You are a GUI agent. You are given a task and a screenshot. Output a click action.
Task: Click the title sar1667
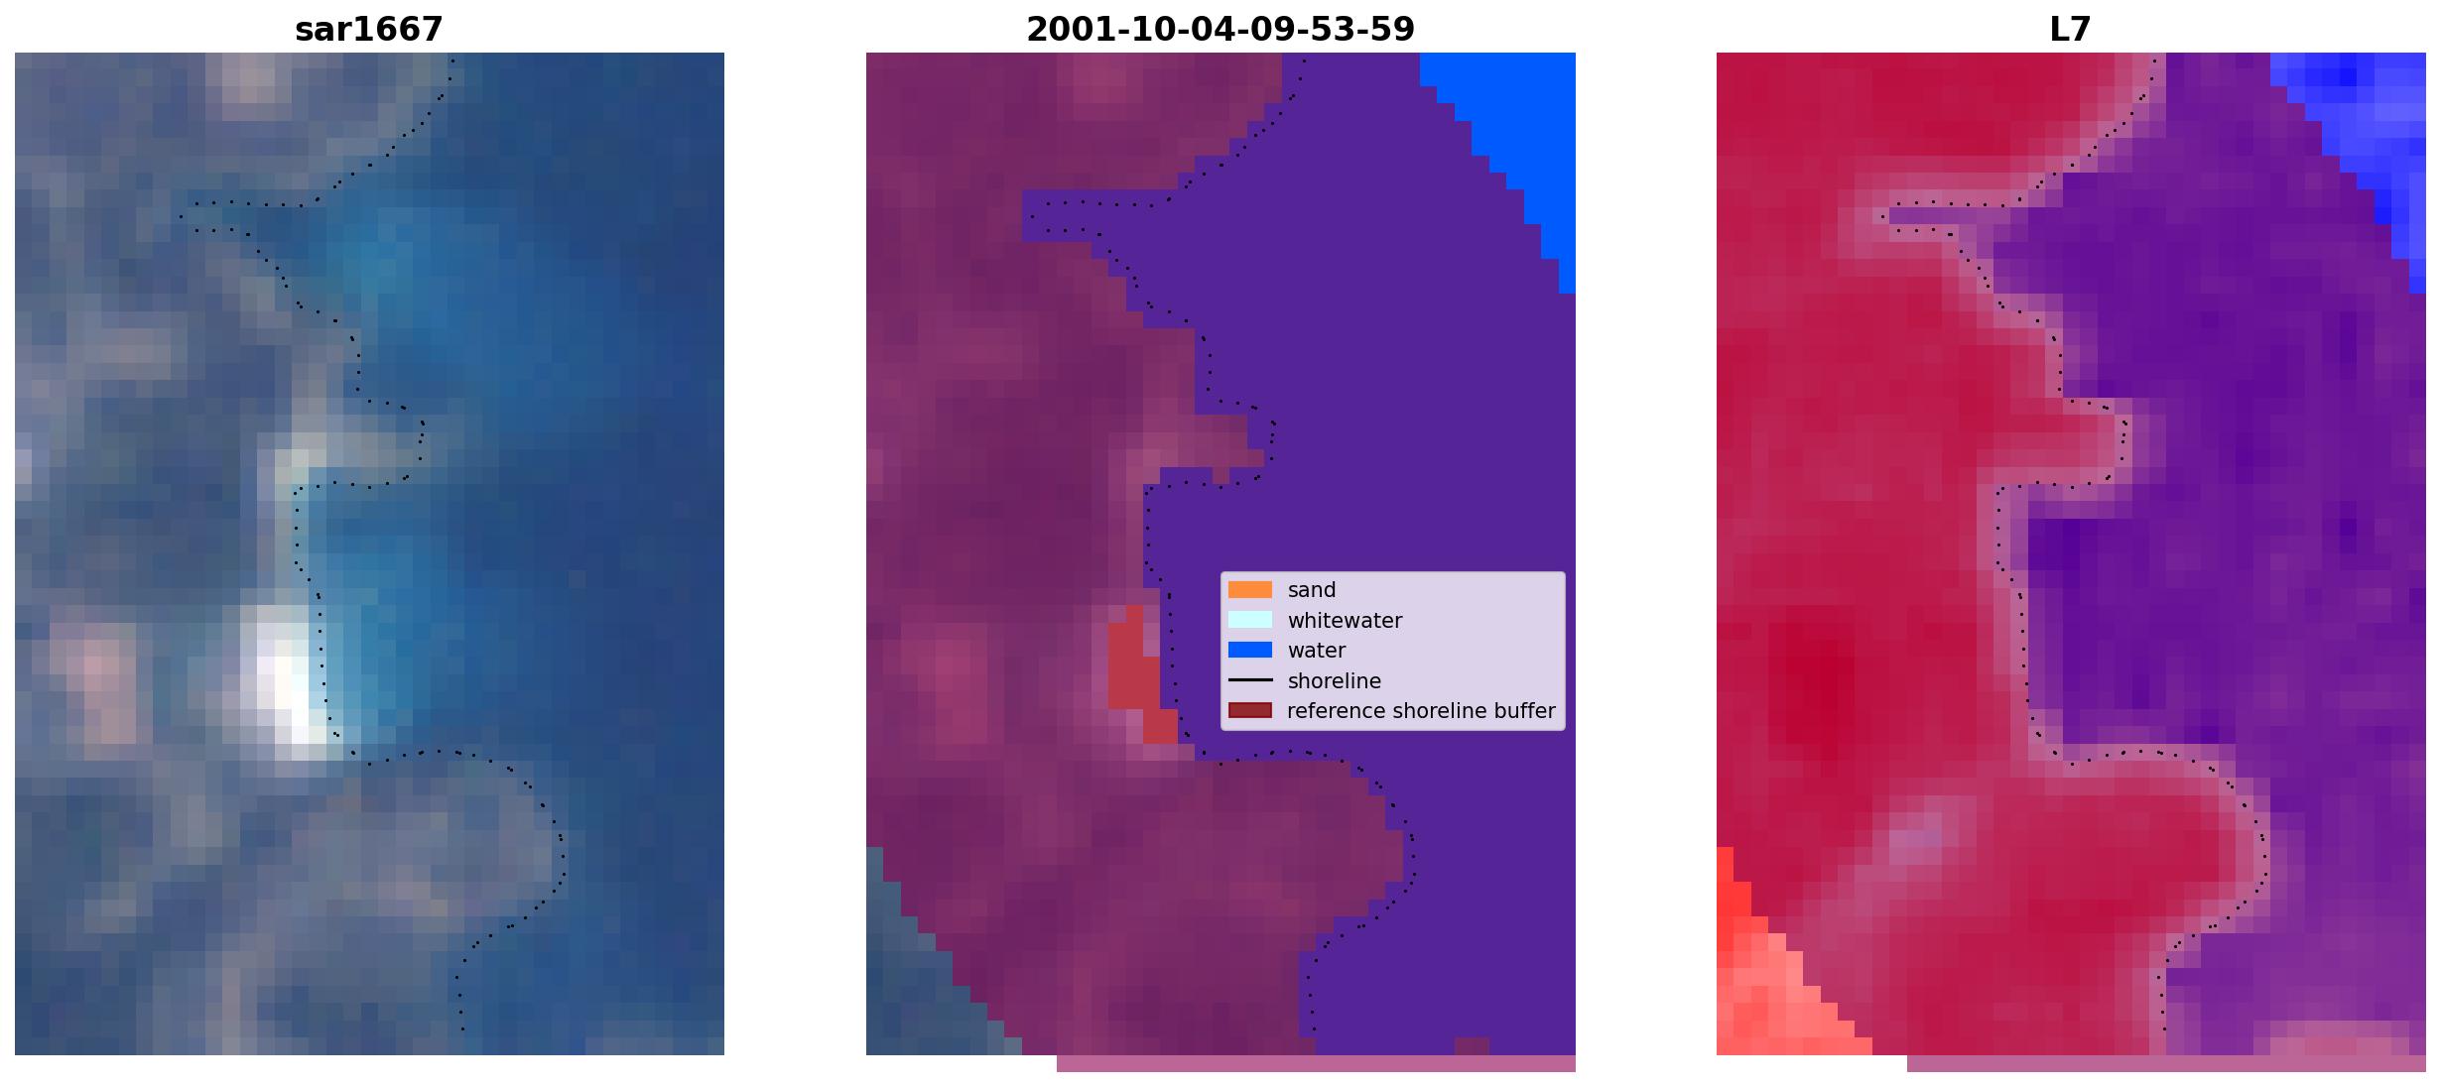point(368,30)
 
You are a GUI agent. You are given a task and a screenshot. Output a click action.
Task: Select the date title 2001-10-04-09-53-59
point(1220,30)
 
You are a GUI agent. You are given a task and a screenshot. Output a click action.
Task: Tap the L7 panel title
point(2070,30)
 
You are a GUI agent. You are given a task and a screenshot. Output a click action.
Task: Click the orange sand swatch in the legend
point(1249,590)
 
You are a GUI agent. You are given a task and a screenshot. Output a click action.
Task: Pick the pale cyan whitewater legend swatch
point(1249,620)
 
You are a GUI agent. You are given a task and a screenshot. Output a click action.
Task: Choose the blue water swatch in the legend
point(1249,651)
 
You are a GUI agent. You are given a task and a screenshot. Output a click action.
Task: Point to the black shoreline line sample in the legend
point(1249,680)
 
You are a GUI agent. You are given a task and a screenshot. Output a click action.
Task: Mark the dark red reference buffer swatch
point(1249,711)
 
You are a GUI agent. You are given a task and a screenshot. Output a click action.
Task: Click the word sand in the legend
point(1312,590)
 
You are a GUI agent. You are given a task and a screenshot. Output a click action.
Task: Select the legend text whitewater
point(1345,621)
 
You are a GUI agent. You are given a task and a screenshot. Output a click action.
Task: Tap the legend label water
point(1317,651)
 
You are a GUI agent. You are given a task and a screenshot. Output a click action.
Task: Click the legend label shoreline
point(1334,681)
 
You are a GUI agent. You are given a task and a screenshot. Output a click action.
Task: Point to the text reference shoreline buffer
point(1421,711)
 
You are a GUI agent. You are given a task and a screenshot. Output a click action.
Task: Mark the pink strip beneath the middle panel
point(1316,1063)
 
